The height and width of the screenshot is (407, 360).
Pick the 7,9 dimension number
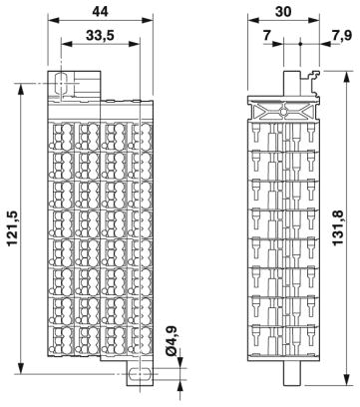pos(342,36)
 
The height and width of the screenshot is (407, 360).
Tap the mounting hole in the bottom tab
pos(140,375)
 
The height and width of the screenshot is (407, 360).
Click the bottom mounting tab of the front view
pos(140,376)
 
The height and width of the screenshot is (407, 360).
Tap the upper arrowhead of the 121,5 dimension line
pos(21,89)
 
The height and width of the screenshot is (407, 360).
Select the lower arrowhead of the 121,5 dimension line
pos(21,383)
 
